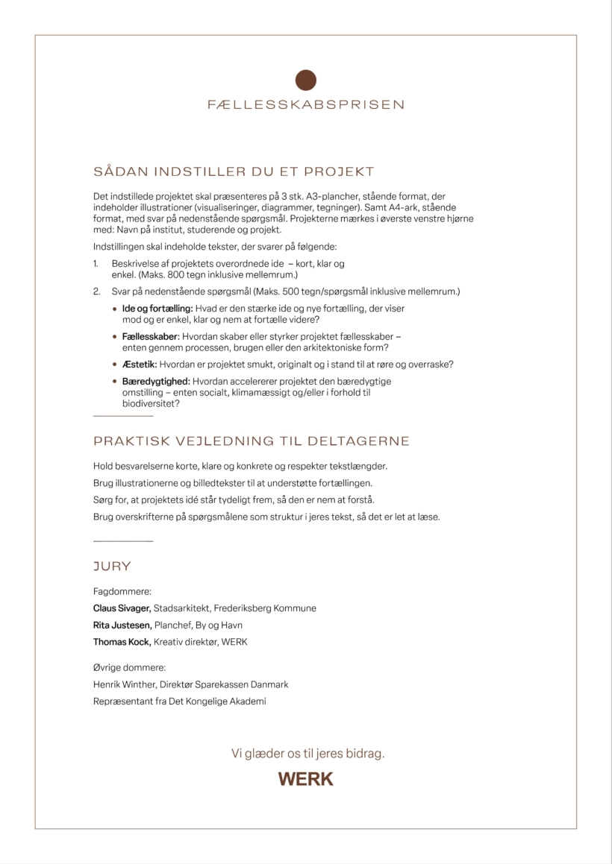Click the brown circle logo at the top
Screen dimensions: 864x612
tap(306, 80)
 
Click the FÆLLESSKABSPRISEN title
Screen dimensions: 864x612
tap(306, 105)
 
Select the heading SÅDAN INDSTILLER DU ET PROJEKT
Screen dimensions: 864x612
tap(234, 172)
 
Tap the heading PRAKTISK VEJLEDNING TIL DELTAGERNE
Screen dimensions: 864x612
tap(252, 441)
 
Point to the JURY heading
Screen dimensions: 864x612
tap(112, 567)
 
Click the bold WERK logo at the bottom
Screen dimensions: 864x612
tap(306, 780)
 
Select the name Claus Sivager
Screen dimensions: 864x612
tap(122, 608)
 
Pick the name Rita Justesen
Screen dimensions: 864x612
tap(122, 625)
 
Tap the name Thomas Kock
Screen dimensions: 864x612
tap(122, 642)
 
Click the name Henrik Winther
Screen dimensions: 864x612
tap(119, 684)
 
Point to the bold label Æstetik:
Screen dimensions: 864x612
tap(139, 365)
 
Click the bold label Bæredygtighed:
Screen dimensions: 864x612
tap(155, 382)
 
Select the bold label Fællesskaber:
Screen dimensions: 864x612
tap(151, 337)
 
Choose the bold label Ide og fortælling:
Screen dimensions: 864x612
tap(157, 309)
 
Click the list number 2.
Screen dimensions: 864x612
tap(96, 291)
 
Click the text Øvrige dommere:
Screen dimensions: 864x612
tap(129, 668)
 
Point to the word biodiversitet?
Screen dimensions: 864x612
tap(151, 403)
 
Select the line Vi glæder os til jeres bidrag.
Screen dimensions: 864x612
tap(308, 754)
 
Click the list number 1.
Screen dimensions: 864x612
tap(96, 264)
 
